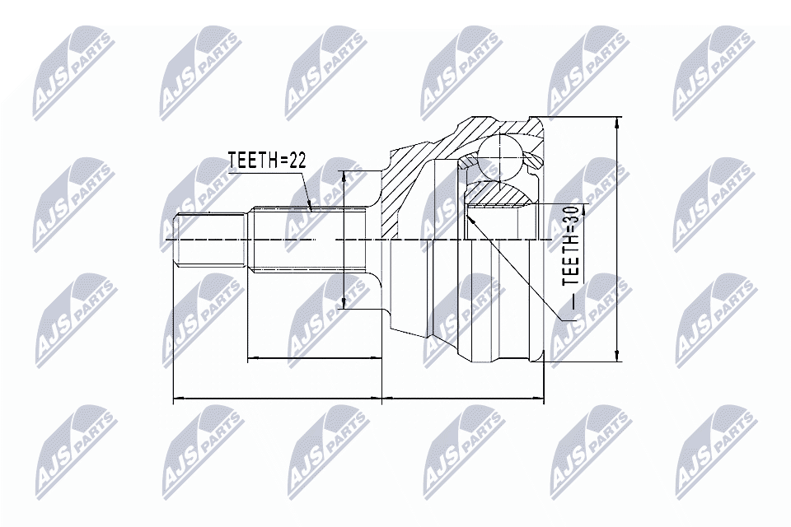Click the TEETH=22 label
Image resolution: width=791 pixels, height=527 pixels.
click(266, 161)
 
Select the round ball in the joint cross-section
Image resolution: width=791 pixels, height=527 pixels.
click(499, 153)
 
